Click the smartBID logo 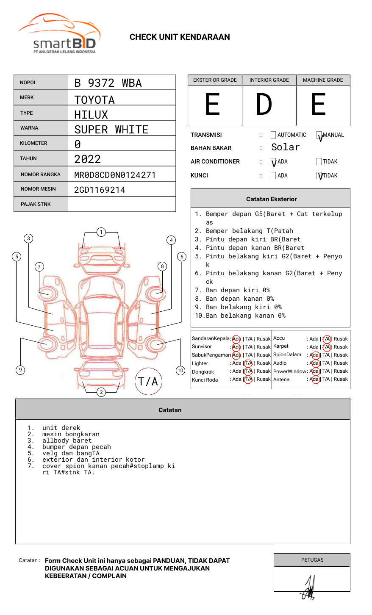click(x=59, y=34)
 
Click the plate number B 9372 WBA click(x=108, y=83)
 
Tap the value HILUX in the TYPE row click(x=91, y=114)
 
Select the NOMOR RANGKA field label click(x=41, y=175)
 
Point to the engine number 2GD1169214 click(x=100, y=190)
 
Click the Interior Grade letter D click(x=264, y=105)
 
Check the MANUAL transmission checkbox click(x=319, y=135)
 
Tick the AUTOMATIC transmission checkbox click(x=273, y=135)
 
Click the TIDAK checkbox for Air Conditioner click(x=319, y=161)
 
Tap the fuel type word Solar click(x=285, y=147)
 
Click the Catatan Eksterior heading click(x=271, y=199)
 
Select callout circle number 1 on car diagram click(x=101, y=232)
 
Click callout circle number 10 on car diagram click(x=180, y=371)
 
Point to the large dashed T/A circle click(x=148, y=381)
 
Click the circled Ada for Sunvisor click(x=236, y=347)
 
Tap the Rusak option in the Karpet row click(x=341, y=347)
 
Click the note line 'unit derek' click(x=61, y=428)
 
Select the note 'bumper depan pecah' click(x=76, y=447)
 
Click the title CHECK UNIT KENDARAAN click(x=180, y=37)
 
